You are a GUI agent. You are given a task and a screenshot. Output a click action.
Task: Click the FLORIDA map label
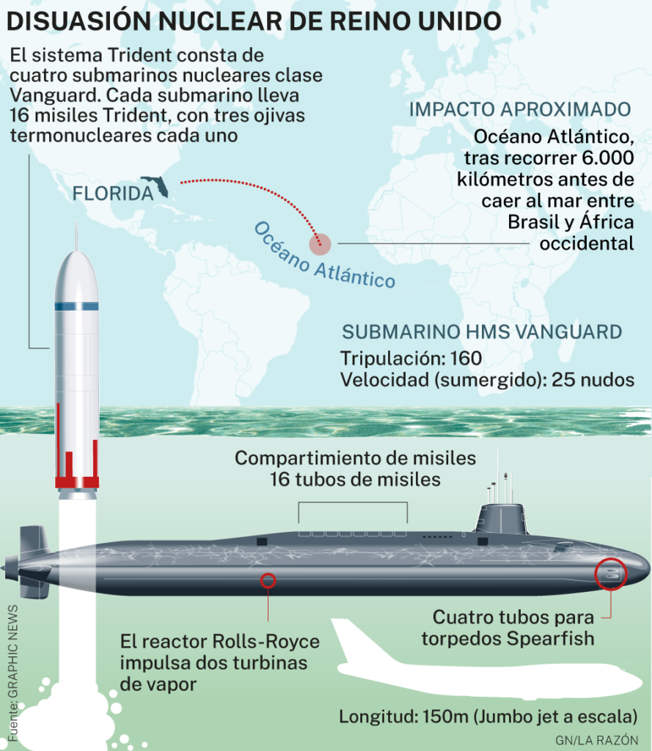pyautogui.click(x=113, y=194)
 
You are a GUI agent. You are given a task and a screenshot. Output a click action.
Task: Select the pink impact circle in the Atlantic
pyautogui.click(x=320, y=244)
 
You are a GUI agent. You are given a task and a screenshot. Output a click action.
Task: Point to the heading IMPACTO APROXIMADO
pyautogui.click(x=520, y=109)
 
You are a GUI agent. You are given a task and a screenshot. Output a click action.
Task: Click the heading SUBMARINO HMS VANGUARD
pyautogui.click(x=482, y=332)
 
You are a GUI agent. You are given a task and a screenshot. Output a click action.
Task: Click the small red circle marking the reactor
pyautogui.click(x=268, y=581)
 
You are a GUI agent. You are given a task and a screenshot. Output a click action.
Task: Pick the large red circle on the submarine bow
pyautogui.click(x=611, y=574)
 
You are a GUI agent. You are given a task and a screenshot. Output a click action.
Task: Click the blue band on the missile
pyautogui.click(x=77, y=307)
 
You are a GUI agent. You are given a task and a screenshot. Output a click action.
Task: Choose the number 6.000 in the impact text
pyautogui.click(x=608, y=158)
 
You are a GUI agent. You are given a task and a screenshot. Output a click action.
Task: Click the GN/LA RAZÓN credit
pyautogui.click(x=596, y=741)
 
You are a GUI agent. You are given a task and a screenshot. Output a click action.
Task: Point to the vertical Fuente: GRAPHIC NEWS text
pyautogui.click(x=13, y=673)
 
